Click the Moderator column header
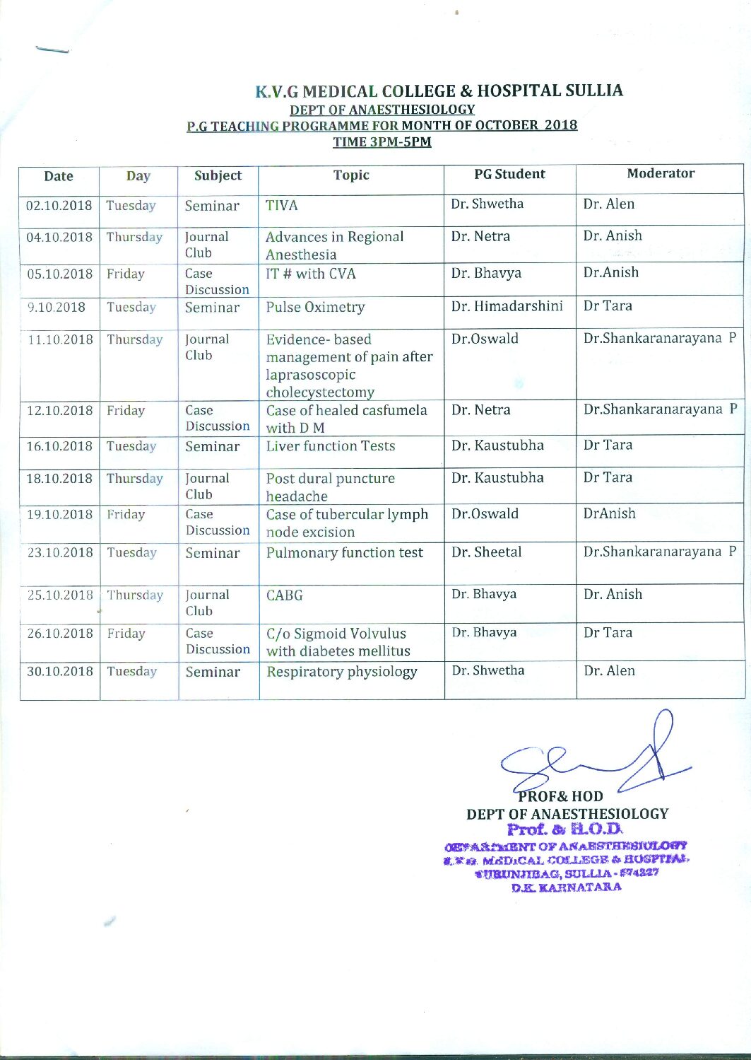click(x=661, y=173)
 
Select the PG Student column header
click(x=509, y=174)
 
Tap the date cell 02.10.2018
click(x=59, y=206)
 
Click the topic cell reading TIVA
click(x=282, y=206)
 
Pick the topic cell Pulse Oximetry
click(x=315, y=308)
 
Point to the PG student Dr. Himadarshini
click(x=507, y=306)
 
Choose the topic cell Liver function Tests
click(x=331, y=446)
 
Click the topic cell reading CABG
click(x=285, y=595)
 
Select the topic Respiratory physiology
click(x=342, y=672)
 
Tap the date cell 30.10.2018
click(x=60, y=671)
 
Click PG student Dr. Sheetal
click(x=487, y=552)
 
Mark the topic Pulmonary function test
click(x=345, y=553)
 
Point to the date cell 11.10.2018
click(x=60, y=339)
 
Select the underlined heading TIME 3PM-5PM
click(x=382, y=141)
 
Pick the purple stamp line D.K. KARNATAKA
click(x=567, y=887)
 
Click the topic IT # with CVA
click(x=311, y=274)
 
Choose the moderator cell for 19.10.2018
click(x=610, y=514)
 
